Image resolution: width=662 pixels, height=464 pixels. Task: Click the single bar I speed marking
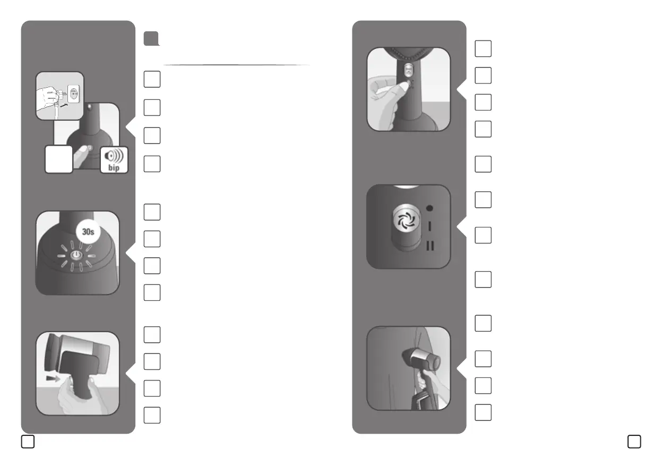pyautogui.click(x=429, y=226)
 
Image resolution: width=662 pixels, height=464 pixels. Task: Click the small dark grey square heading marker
pyautogui.click(x=151, y=38)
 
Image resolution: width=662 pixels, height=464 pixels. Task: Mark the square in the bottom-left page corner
pyautogui.click(x=28, y=441)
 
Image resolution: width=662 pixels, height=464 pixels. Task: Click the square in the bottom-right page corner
pyautogui.click(x=634, y=441)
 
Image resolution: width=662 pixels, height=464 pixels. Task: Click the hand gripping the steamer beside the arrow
pyautogui.click(x=77, y=396)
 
